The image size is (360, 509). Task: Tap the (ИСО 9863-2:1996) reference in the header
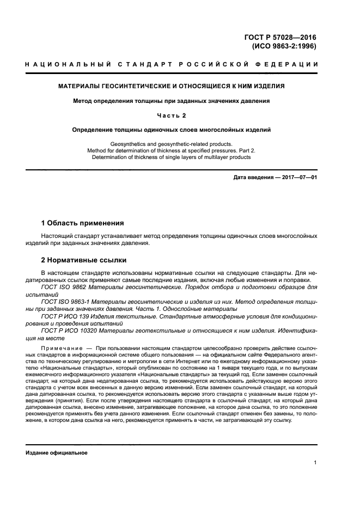point(284,46)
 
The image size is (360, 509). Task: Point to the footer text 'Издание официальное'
point(57,453)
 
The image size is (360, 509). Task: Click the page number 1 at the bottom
point(315,463)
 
